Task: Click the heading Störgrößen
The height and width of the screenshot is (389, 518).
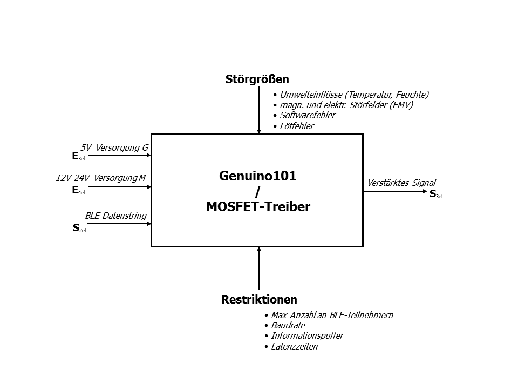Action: pyautogui.click(x=257, y=79)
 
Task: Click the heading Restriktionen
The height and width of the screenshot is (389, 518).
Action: pyautogui.click(x=260, y=299)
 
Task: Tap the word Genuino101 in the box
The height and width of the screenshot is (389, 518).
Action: pyautogui.click(x=258, y=176)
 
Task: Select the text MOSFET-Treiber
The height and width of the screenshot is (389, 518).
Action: pyautogui.click(x=258, y=207)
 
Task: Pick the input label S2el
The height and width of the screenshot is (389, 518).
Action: pyautogui.click(x=79, y=228)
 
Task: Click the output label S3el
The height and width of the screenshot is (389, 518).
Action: pyautogui.click(x=436, y=194)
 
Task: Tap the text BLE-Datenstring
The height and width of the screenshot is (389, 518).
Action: pyautogui.click(x=116, y=216)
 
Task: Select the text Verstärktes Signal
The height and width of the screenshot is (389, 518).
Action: pyautogui.click(x=401, y=183)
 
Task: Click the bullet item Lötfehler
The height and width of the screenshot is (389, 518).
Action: pyautogui.click(x=297, y=126)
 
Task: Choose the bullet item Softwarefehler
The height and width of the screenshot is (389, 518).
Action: pyautogui.click(x=308, y=115)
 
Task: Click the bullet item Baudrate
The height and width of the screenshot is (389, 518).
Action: pyautogui.click(x=288, y=325)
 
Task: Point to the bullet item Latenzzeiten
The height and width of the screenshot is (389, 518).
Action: pyautogui.click(x=295, y=347)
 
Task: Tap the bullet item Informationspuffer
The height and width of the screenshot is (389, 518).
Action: pyautogui.click(x=307, y=336)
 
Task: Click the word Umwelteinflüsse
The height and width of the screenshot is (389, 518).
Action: pyautogui.click(x=311, y=95)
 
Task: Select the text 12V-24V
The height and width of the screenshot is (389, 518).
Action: pyautogui.click(x=73, y=178)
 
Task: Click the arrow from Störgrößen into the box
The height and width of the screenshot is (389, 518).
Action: pyautogui.click(x=259, y=110)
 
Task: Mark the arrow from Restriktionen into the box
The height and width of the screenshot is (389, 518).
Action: pyautogui.click(x=259, y=269)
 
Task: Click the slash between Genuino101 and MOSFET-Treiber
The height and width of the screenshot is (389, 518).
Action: pyautogui.click(x=258, y=192)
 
